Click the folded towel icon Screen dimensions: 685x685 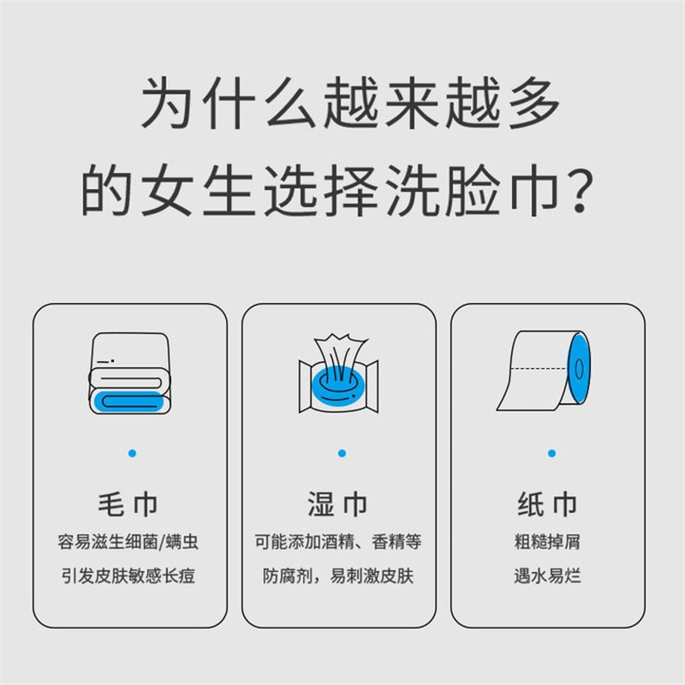click(130, 373)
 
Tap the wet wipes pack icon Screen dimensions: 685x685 click(338, 373)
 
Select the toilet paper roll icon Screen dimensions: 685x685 click(544, 371)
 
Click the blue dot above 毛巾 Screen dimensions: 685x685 click(133, 454)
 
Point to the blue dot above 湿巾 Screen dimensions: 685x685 click(342, 454)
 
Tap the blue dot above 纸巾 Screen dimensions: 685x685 click(551, 454)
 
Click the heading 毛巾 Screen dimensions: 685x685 click(128, 504)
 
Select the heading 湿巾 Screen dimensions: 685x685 click(337, 504)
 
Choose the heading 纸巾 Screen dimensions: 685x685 click(547, 504)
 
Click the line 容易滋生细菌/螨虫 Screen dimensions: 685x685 click(128, 542)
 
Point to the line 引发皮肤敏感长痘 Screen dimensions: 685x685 click(128, 575)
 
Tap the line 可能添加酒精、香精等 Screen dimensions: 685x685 click(338, 542)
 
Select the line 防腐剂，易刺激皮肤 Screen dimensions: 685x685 click(338, 575)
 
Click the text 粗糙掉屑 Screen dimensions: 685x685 click(547, 542)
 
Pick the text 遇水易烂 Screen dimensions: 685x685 click(547, 575)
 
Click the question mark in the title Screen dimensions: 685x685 click(580, 191)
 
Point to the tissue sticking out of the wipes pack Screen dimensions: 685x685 click(338, 357)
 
